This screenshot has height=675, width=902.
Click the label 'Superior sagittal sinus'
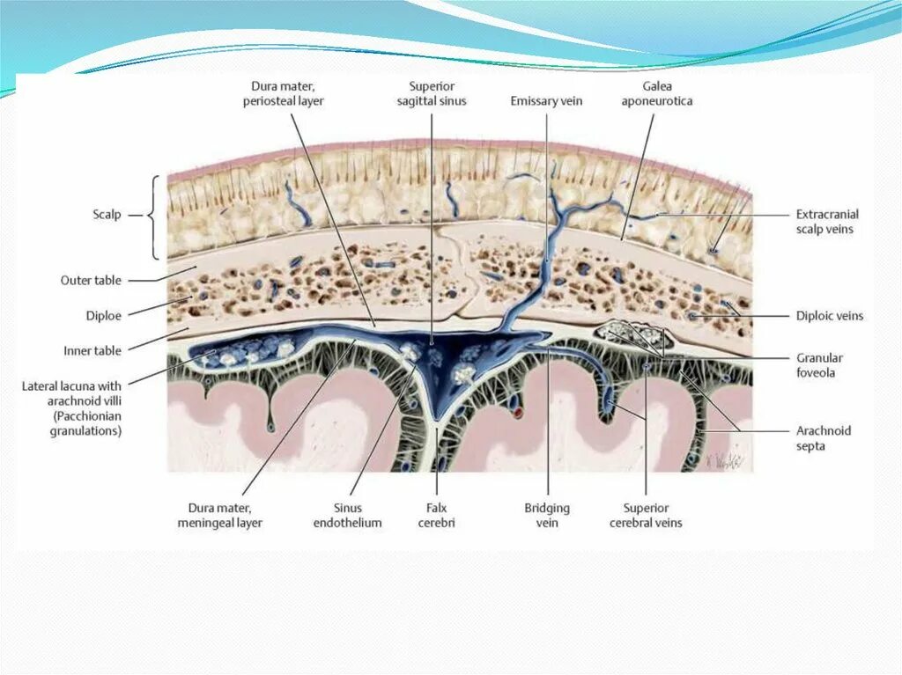click(x=437, y=93)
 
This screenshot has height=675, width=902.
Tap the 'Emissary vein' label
click(x=546, y=101)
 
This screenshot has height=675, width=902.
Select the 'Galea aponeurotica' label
click(x=656, y=93)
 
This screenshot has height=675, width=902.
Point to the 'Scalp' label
click(x=107, y=214)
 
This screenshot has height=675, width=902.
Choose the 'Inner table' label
click(x=92, y=350)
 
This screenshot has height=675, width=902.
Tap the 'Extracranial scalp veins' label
click(x=826, y=222)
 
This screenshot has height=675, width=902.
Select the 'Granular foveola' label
click(x=820, y=365)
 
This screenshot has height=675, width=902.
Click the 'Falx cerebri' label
click(x=436, y=515)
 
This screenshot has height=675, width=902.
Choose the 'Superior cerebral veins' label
click(x=646, y=515)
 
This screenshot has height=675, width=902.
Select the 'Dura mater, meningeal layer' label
click(x=225, y=515)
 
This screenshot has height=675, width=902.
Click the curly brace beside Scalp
click(x=157, y=216)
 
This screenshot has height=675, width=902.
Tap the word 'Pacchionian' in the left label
click(x=91, y=415)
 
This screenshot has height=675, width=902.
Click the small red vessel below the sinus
click(x=519, y=411)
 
